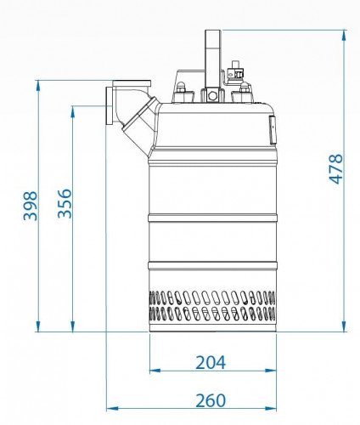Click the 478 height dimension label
pos(336,169)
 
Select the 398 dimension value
pos(31,206)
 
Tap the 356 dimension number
pos(65,203)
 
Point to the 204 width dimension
pos(211,362)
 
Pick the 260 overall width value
pos(211,400)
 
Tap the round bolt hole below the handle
pos(212,96)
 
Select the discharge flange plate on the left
pos(110,105)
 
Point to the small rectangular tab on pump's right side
pos(273,130)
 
